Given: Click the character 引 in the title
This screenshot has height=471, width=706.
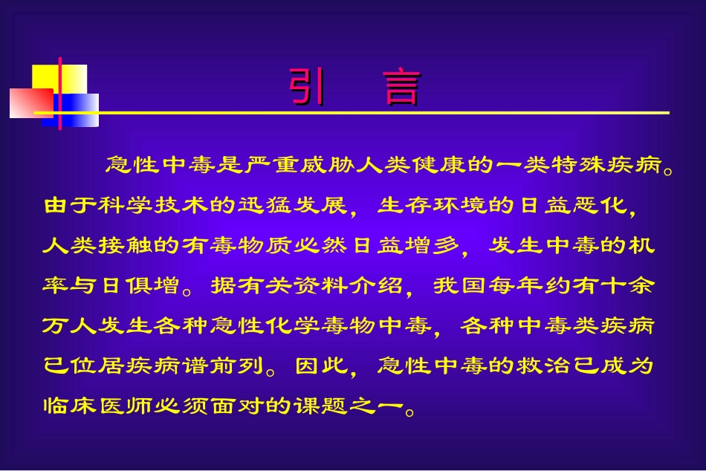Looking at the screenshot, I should click(x=306, y=88).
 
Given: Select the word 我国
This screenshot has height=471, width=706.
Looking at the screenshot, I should click(x=454, y=286).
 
